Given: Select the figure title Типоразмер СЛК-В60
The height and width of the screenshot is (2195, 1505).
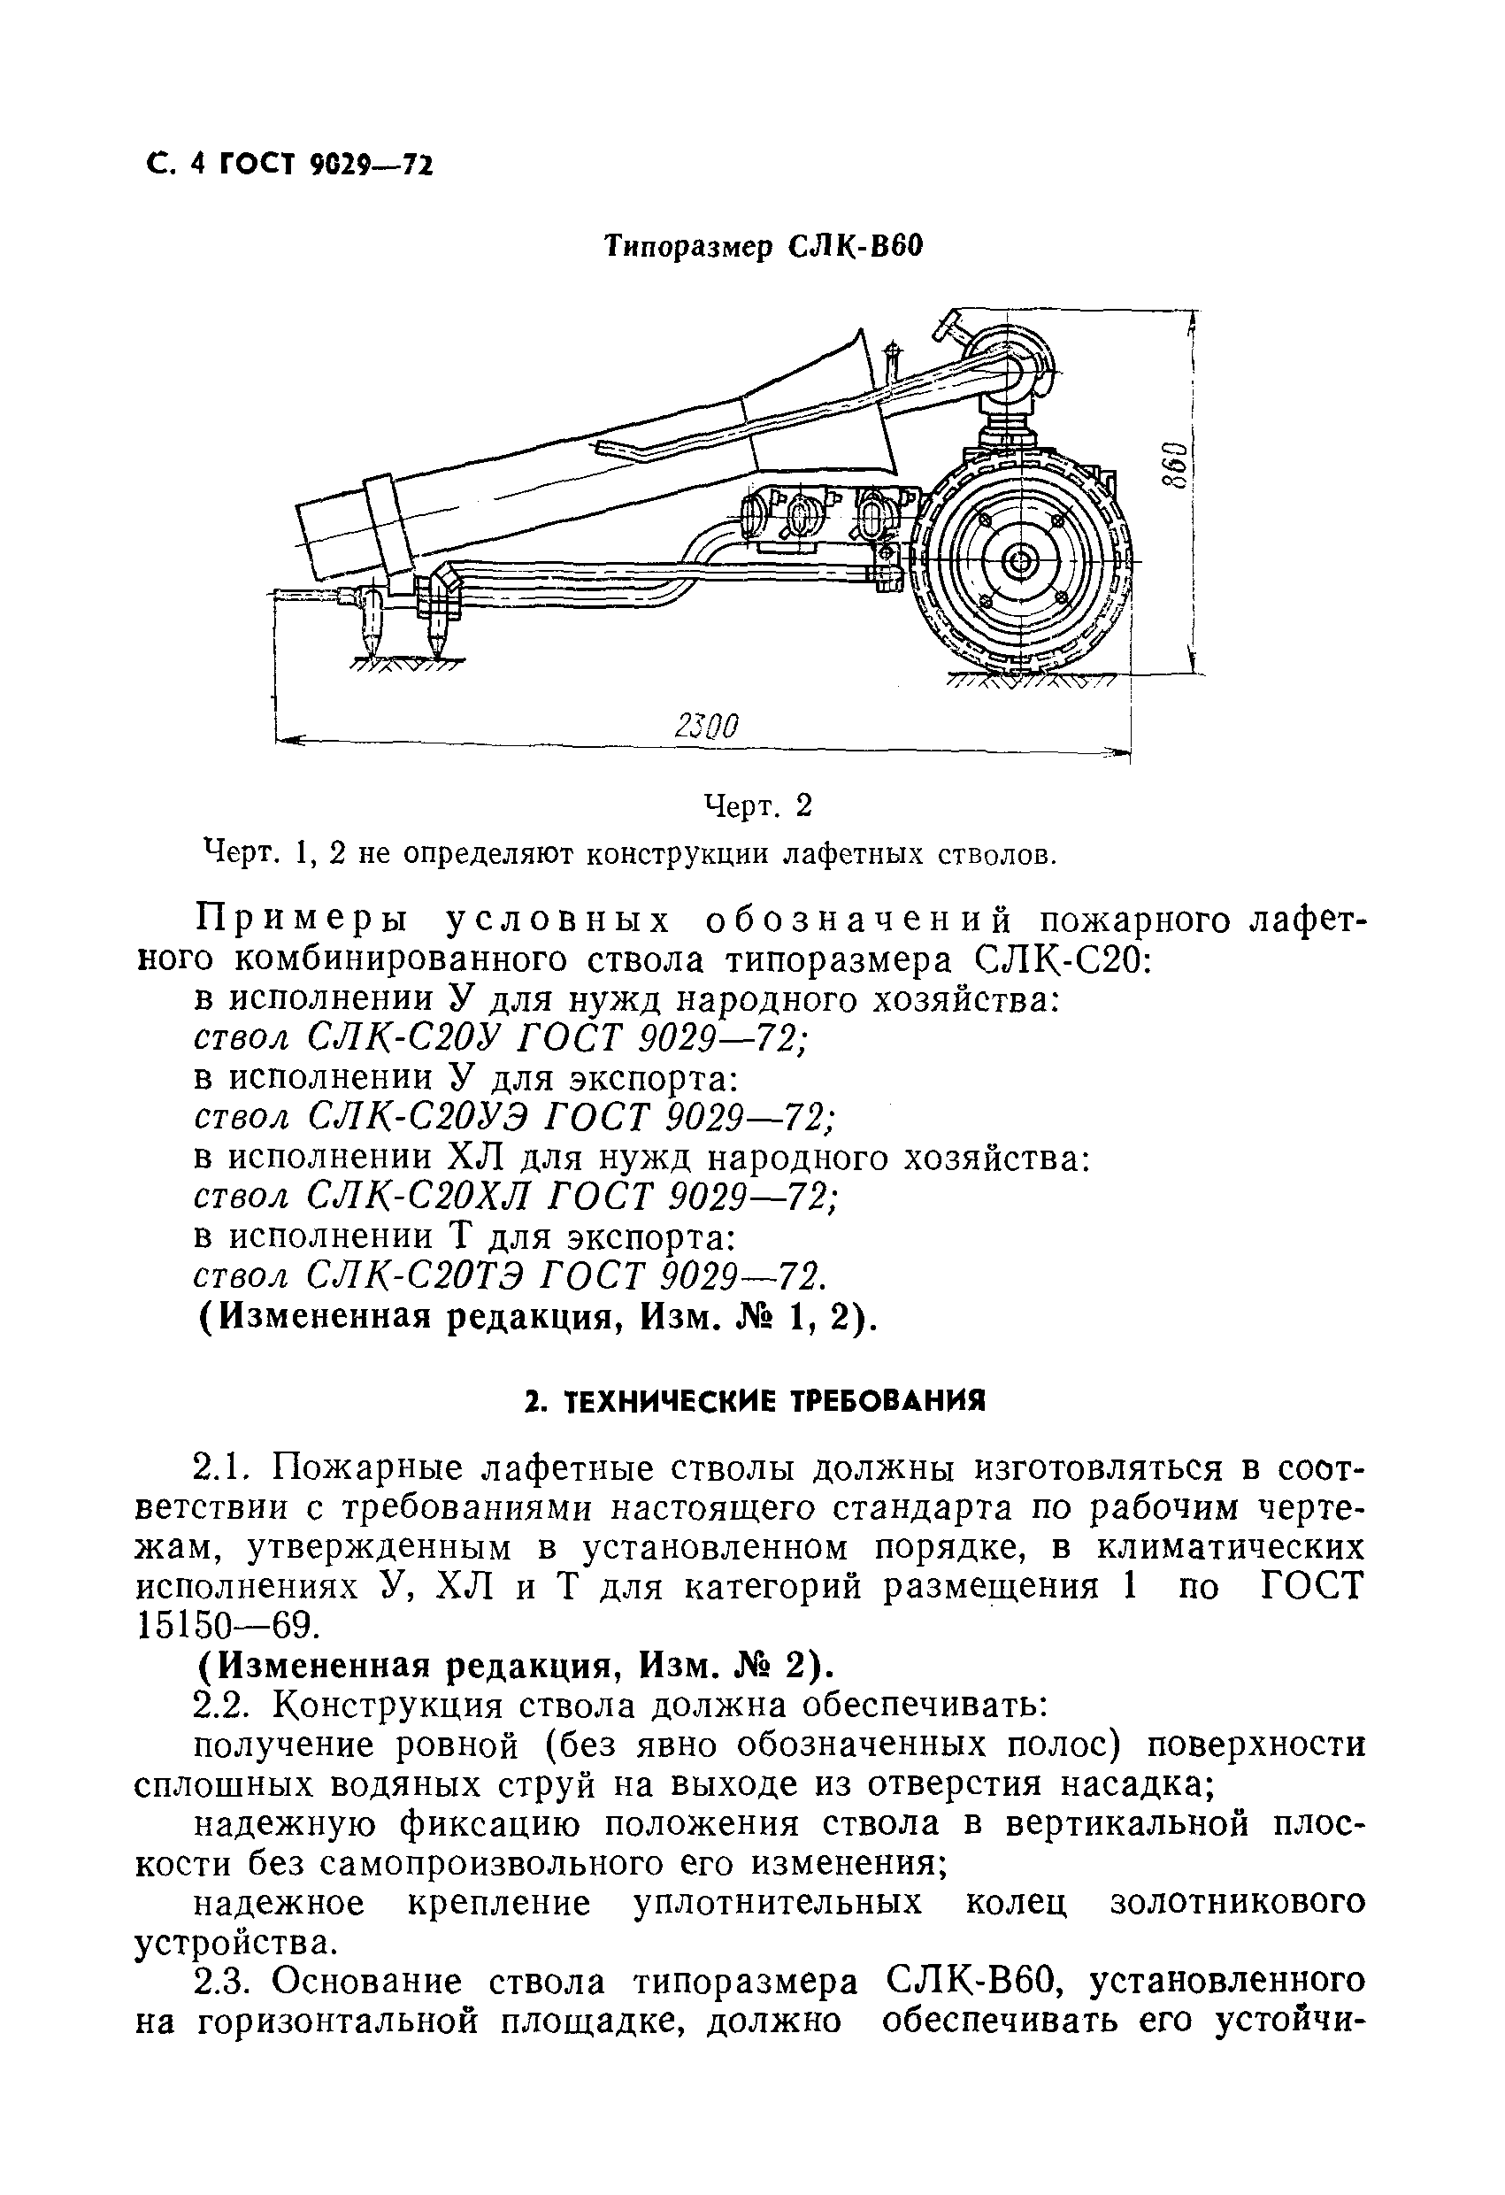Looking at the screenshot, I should [762, 247].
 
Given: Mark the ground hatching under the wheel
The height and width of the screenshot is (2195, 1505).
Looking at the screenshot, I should [1029, 682].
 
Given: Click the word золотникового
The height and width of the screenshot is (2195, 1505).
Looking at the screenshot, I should [1237, 1904].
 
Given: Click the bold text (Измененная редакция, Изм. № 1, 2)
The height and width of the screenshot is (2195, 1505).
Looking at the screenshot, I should [538, 1318].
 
